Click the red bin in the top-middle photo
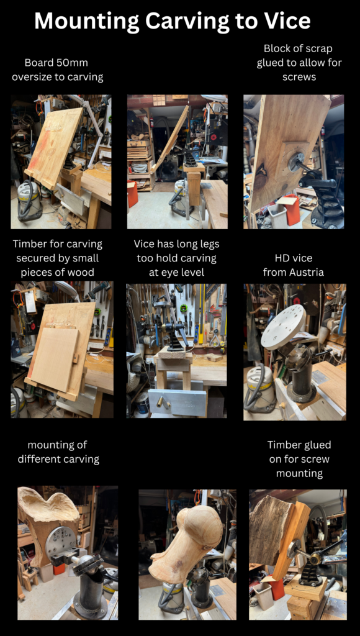(133, 194)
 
